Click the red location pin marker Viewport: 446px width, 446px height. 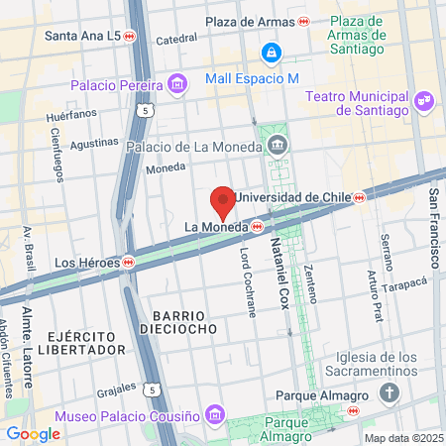(224, 201)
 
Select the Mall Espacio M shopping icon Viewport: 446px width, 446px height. (271, 52)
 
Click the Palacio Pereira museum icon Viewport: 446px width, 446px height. (176, 83)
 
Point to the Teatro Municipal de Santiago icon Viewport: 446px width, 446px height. (423, 99)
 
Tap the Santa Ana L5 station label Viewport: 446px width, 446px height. (83, 36)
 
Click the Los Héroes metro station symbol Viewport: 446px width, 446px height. (129, 263)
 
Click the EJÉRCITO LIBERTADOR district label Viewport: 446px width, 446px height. (85, 343)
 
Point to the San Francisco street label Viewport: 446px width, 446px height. (434, 227)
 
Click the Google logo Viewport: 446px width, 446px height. (33, 433)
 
